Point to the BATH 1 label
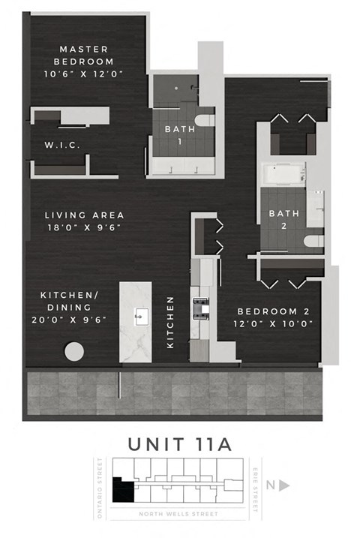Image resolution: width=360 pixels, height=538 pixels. pos(179,134)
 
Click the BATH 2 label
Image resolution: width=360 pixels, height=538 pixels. pos(283,219)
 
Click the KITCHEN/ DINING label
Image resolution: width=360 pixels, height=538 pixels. pos(67,301)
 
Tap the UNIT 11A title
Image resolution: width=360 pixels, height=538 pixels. pos(179,443)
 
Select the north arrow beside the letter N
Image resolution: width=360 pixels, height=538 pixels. pos(284,485)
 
